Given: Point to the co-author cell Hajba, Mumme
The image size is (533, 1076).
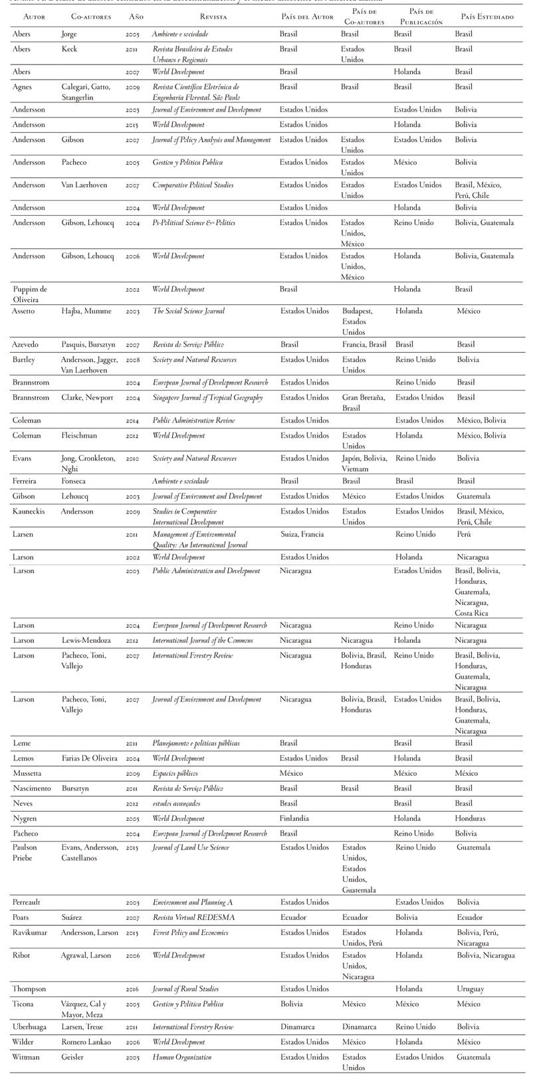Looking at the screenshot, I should click(86, 312).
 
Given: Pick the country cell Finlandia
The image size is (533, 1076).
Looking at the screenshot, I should click(295, 819).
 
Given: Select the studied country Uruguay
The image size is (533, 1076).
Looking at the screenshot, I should click(471, 989).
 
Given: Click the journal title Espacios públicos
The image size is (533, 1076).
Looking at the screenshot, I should click(175, 774).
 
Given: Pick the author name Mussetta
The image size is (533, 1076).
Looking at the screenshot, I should click(27, 774).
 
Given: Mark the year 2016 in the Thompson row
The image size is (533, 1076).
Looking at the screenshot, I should click(133, 989).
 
